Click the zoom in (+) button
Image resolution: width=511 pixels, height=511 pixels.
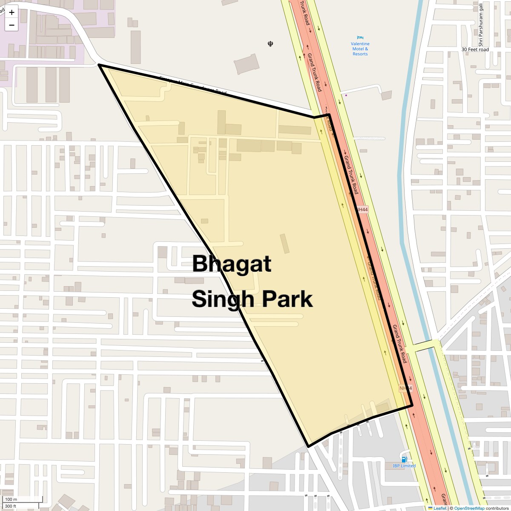tap(11, 12)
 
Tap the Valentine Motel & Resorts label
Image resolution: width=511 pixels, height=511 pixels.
tap(360, 49)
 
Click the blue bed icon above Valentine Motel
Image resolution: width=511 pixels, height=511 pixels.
tap(360, 38)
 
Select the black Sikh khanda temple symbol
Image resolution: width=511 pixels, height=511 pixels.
tap(270, 43)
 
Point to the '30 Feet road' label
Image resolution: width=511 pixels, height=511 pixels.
tap(475, 49)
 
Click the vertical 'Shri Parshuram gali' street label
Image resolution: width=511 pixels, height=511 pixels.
tap(480, 25)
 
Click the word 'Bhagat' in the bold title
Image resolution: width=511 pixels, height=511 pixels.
tap(231, 264)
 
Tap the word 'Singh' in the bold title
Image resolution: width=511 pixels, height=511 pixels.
tap(222, 299)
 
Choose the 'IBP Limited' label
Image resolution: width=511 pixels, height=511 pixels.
tap(404, 466)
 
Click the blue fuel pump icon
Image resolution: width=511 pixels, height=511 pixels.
tap(404, 459)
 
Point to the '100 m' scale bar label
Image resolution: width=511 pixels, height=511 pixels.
tap(11, 499)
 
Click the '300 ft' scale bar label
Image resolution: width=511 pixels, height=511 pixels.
tap(11, 506)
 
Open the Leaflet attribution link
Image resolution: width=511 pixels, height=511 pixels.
tap(439, 508)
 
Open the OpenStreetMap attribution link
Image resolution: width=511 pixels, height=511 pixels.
tap(469, 508)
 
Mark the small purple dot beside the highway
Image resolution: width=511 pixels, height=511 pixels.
tap(346, 95)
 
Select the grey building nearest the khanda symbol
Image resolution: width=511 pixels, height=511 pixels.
tap(247, 64)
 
